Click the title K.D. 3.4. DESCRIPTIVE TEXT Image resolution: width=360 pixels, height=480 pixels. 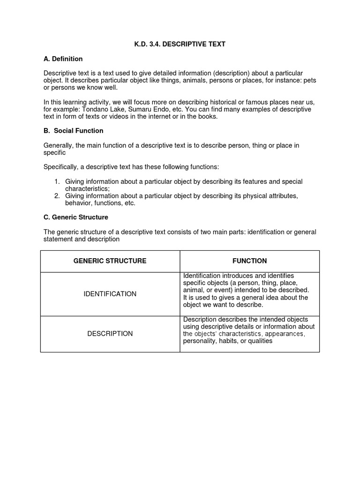click(180, 44)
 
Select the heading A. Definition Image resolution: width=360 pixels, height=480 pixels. click(63, 59)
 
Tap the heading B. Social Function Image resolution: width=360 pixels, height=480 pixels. click(74, 130)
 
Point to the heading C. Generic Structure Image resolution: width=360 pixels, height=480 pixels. click(76, 217)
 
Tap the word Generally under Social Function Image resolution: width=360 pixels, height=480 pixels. click(60, 145)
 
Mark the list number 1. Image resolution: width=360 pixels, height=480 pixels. click(56, 181)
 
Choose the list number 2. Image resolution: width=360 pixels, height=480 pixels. click(56, 195)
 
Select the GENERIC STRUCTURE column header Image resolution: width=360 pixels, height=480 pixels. click(110, 261)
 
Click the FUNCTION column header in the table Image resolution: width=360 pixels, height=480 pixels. click(249, 261)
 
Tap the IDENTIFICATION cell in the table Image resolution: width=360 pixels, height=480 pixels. click(110, 294)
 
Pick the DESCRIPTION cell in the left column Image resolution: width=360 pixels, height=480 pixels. click(110, 334)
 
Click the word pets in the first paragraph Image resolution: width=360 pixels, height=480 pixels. click(310, 81)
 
